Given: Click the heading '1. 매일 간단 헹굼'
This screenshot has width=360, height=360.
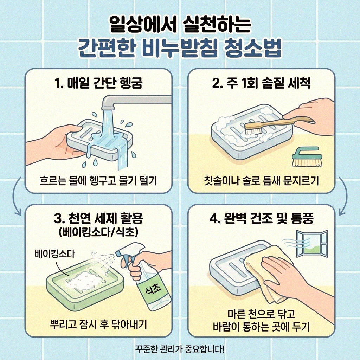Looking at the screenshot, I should (98, 84).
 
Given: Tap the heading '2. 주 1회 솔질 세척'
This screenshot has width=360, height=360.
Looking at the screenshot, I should (261, 84).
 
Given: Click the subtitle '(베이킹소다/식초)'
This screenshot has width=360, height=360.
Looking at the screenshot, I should (98, 232).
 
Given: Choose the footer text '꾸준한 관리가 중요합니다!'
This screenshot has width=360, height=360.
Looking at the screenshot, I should (180, 349).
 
